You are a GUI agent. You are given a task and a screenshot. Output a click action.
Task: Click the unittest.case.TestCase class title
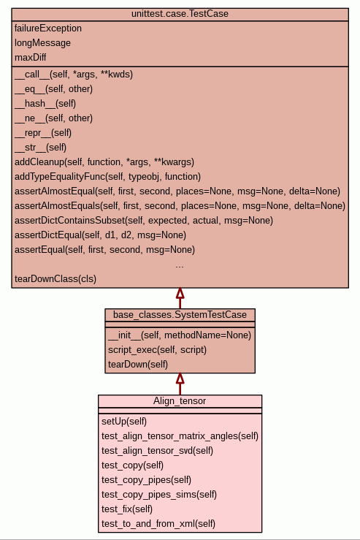point(180,14)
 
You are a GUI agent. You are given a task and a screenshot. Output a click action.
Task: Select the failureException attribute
point(48,28)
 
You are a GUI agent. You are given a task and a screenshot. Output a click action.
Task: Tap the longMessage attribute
point(42,42)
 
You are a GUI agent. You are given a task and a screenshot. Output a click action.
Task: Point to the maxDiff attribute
point(30,57)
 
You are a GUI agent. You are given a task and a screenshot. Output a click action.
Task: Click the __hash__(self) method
point(45,103)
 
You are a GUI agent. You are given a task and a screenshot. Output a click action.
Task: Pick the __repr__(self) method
point(43,132)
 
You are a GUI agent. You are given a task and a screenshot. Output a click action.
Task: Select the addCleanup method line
point(104,162)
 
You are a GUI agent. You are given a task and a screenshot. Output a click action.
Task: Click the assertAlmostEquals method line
point(180,205)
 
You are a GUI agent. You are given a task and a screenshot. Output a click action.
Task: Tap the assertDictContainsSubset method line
point(144,221)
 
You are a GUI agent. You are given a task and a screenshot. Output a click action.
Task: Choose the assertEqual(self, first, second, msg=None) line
point(104,249)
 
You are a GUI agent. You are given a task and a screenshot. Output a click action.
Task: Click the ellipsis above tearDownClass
point(180,266)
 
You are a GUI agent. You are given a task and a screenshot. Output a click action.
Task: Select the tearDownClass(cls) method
point(55,278)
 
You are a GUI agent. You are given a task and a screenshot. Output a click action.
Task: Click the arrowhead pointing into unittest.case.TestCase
point(180,293)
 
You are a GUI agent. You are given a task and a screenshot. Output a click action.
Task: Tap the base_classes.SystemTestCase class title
point(180,315)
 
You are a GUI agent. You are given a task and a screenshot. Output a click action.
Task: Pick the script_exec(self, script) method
point(157,349)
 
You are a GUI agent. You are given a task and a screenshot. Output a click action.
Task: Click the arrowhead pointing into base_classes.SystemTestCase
point(180,378)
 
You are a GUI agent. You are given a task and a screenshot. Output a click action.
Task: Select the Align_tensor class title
point(180,401)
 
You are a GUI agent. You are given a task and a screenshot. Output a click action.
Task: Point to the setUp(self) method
point(124,421)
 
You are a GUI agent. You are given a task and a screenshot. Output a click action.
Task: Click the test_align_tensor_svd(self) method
point(157,450)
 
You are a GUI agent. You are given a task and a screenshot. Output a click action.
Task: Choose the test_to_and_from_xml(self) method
point(158,523)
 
